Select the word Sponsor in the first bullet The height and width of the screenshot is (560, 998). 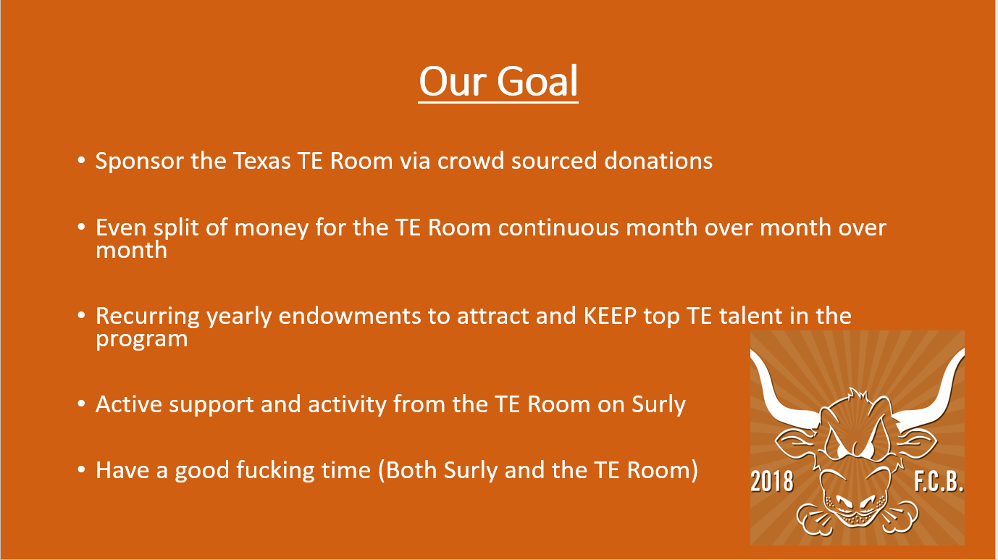tap(138, 162)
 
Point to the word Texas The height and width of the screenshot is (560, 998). tap(261, 161)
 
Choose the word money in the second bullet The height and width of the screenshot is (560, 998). tap(271, 228)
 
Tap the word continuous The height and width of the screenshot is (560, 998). tap(558, 227)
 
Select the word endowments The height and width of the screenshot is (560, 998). tap(349, 316)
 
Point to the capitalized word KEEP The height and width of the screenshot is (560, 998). tap(610, 316)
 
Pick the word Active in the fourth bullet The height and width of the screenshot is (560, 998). tap(129, 404)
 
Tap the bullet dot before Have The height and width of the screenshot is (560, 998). tap(81, 469)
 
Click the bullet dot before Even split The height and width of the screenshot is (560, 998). tap(81, 227)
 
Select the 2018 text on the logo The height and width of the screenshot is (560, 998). tap(771, 481)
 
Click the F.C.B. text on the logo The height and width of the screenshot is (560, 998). tap(939, 481)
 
